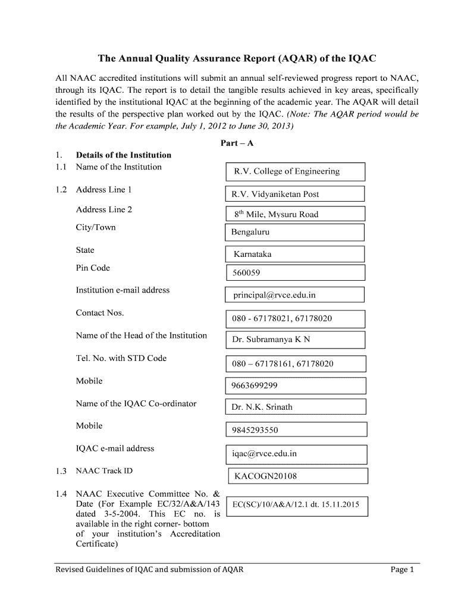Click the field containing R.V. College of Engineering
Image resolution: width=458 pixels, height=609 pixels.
[x=295, y=171]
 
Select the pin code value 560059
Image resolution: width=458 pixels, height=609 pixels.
[x=295, y=273]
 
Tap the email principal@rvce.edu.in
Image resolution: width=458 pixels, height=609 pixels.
[x=294, y=294]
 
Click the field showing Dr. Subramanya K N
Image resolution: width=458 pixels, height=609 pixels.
[x=295, y=340]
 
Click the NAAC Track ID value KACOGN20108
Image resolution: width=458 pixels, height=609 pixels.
[x=298, y=476]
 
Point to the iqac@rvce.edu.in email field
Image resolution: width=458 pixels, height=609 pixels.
[x=296, y=454]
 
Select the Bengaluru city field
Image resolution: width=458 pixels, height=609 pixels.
[x=294, y=232]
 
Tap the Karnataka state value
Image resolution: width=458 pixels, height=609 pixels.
[x=294, y=254]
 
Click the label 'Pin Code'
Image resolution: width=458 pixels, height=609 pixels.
[x=93, y=268]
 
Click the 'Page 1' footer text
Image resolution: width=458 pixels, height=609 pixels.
[x=401, y=570]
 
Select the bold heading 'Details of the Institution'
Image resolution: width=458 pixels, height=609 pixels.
[x=124, y=155]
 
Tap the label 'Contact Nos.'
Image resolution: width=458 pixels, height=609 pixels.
[x=100, y=313]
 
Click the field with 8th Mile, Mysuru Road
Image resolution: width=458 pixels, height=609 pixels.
[x=294, y=214]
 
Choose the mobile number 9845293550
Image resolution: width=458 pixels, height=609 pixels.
[x=296, y=430]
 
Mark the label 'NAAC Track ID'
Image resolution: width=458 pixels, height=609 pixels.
[x=104, y=471]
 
